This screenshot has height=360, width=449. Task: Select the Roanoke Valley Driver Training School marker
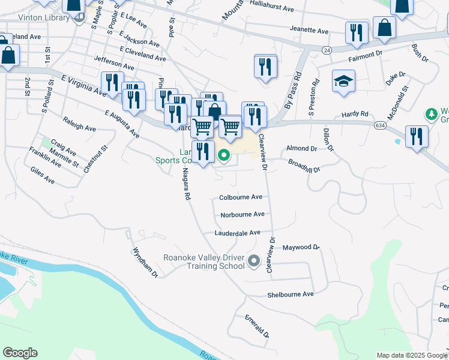click(254, 261)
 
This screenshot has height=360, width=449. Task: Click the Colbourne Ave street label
click(241, 197)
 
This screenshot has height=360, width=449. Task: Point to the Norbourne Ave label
click(243, 214)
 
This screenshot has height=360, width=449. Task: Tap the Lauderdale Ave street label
click(238, 233)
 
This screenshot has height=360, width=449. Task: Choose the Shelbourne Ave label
click(291, 295)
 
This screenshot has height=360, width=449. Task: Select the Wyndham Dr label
click(145, 262)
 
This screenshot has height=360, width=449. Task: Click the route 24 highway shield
click(326, 49)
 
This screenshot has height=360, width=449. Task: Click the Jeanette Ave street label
click(309, 31)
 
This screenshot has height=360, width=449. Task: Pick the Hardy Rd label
click(354, 113)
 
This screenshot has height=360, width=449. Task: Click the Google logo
click(20, 353)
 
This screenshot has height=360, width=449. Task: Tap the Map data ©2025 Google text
click(412, 355)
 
